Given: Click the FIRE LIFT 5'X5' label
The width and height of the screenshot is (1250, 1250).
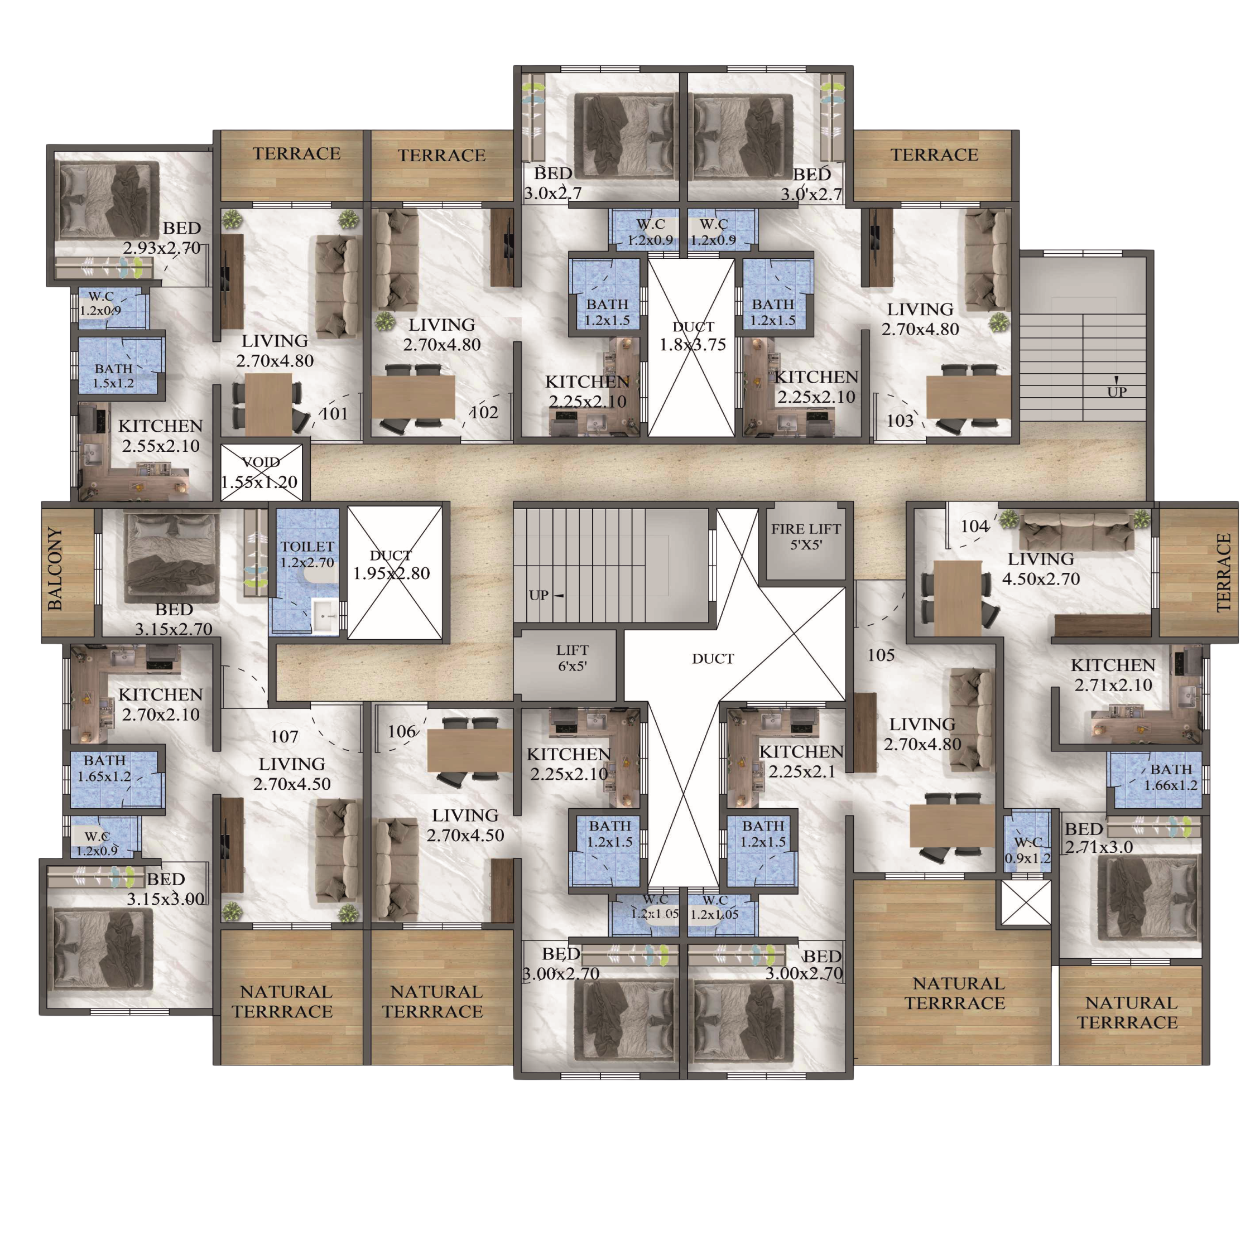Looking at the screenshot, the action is [x=805, y=537].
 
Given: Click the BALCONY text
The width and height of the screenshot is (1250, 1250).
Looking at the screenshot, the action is [x=56, y=569].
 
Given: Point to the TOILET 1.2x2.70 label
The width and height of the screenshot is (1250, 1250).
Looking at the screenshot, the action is [x=307, y=554].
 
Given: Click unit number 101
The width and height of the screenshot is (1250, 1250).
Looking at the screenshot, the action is [x=335, y=413].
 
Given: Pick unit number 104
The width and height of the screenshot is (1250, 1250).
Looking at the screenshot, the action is [x=974, y=526].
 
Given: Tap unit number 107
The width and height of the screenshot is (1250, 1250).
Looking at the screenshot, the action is [x=284, y=736].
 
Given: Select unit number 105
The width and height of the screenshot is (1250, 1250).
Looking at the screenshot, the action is [x=881, y=655].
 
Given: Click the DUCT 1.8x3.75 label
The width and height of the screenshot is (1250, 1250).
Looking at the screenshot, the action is [x=693, y=336].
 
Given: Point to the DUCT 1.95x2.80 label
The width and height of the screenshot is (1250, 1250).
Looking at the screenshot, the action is [x=391, y=564].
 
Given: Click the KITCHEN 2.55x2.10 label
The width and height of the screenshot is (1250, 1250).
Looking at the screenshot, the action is [x=161, y=436].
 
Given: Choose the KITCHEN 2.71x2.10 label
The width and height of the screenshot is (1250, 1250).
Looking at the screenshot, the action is [x=1113, y=675].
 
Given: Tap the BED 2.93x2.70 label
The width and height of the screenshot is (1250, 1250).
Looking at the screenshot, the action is [x=162, y=238].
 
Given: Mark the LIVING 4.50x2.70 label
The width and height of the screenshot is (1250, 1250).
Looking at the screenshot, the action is [x=1041, y=569].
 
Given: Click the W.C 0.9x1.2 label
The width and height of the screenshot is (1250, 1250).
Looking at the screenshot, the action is [x=1027, y=850].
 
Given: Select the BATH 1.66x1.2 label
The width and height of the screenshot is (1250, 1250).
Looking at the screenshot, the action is [x=1170, y=777].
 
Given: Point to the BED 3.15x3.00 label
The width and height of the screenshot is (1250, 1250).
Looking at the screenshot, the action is [x=166, y=889].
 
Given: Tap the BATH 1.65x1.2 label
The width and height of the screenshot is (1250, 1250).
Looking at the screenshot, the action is [x=104, y=768].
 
